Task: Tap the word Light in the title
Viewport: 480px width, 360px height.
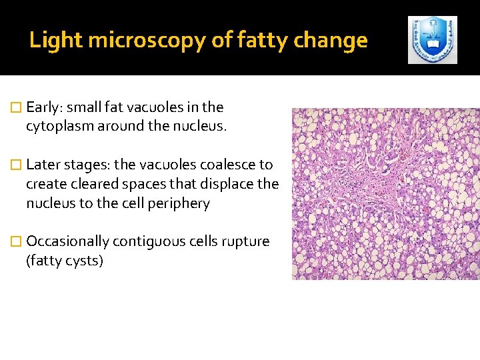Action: point(56,41)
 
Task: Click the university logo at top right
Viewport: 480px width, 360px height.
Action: point(433,40)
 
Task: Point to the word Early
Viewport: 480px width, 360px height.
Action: point(45,107)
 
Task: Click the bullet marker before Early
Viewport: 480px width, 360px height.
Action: point(17,107)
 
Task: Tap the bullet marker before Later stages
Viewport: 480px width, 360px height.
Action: point(17,165)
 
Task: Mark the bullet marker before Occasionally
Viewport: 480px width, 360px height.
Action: point(17,241)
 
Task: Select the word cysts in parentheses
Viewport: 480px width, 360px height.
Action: point(83,261)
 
